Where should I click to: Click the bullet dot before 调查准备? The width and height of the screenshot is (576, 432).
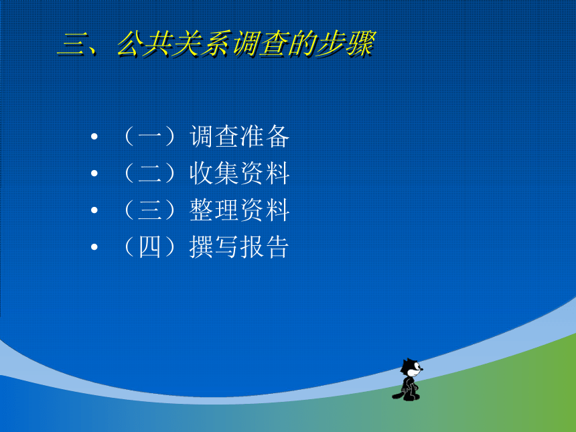point(94,137)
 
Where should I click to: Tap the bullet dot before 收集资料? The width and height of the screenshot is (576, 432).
point(94,173)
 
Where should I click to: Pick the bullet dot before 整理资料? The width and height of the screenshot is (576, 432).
point(94,210)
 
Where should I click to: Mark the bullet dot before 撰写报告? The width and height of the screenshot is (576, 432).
point(94,247)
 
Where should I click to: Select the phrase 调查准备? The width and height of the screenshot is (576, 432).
point(240,136)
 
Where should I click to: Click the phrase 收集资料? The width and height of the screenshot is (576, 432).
point(240,173)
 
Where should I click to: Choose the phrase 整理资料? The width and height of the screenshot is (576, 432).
point(240,210)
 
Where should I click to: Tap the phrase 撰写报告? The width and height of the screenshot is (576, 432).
point(239,246)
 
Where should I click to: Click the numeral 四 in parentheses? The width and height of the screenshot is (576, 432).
point(149,247)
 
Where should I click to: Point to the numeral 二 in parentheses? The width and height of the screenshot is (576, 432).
point(149,173)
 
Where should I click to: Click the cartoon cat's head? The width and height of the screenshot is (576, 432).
point(411,368)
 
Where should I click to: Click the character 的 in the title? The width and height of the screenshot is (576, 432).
point(302,44)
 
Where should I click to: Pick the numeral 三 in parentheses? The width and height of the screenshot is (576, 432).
point(149,210)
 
